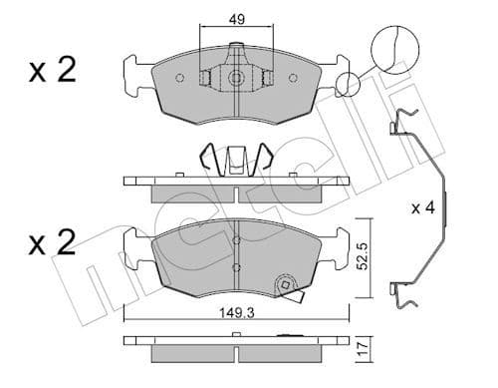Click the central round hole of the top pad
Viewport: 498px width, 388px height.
(x=236, y=78)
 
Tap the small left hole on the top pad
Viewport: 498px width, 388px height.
(x=178, y=78)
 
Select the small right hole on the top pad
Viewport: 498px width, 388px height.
(x=294, y=78)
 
